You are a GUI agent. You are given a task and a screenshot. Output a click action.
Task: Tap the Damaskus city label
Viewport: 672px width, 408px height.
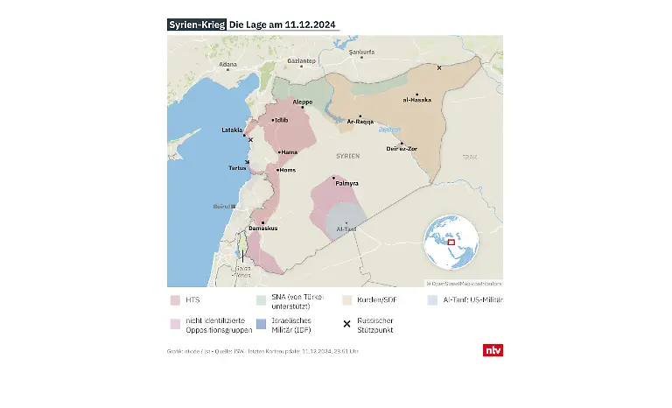(x=262, y=229)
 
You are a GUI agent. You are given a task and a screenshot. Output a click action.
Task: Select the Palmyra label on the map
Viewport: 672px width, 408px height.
(x=347, y=184)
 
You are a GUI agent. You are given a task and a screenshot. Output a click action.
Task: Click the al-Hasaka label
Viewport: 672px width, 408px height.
(x=417, y=101)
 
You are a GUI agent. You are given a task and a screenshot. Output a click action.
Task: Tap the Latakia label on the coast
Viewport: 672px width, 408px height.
(x=232, y=130)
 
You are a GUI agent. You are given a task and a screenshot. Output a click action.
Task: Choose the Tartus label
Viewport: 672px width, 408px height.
(x=237, y=167)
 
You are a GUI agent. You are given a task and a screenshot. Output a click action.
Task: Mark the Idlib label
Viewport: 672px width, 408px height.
(x=280, y=120)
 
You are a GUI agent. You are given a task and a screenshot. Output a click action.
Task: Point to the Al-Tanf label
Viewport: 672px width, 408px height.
(x=346, y=229)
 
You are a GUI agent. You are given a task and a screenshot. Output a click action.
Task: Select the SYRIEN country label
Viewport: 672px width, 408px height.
(x=347, y=155)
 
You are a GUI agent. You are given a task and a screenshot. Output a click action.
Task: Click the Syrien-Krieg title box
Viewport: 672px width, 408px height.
(x=196, y=25)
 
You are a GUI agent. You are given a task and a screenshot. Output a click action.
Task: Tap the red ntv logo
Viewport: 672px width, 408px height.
(x=493, y=350)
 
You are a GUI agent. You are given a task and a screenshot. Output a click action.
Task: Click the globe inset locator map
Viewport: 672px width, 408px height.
(x=452, y=243)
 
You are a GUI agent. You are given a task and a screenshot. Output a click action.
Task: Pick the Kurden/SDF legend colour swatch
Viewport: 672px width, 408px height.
(x=347, y=300)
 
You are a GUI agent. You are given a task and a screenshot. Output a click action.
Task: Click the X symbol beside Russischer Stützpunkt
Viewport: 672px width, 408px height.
(x=347, y=324)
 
